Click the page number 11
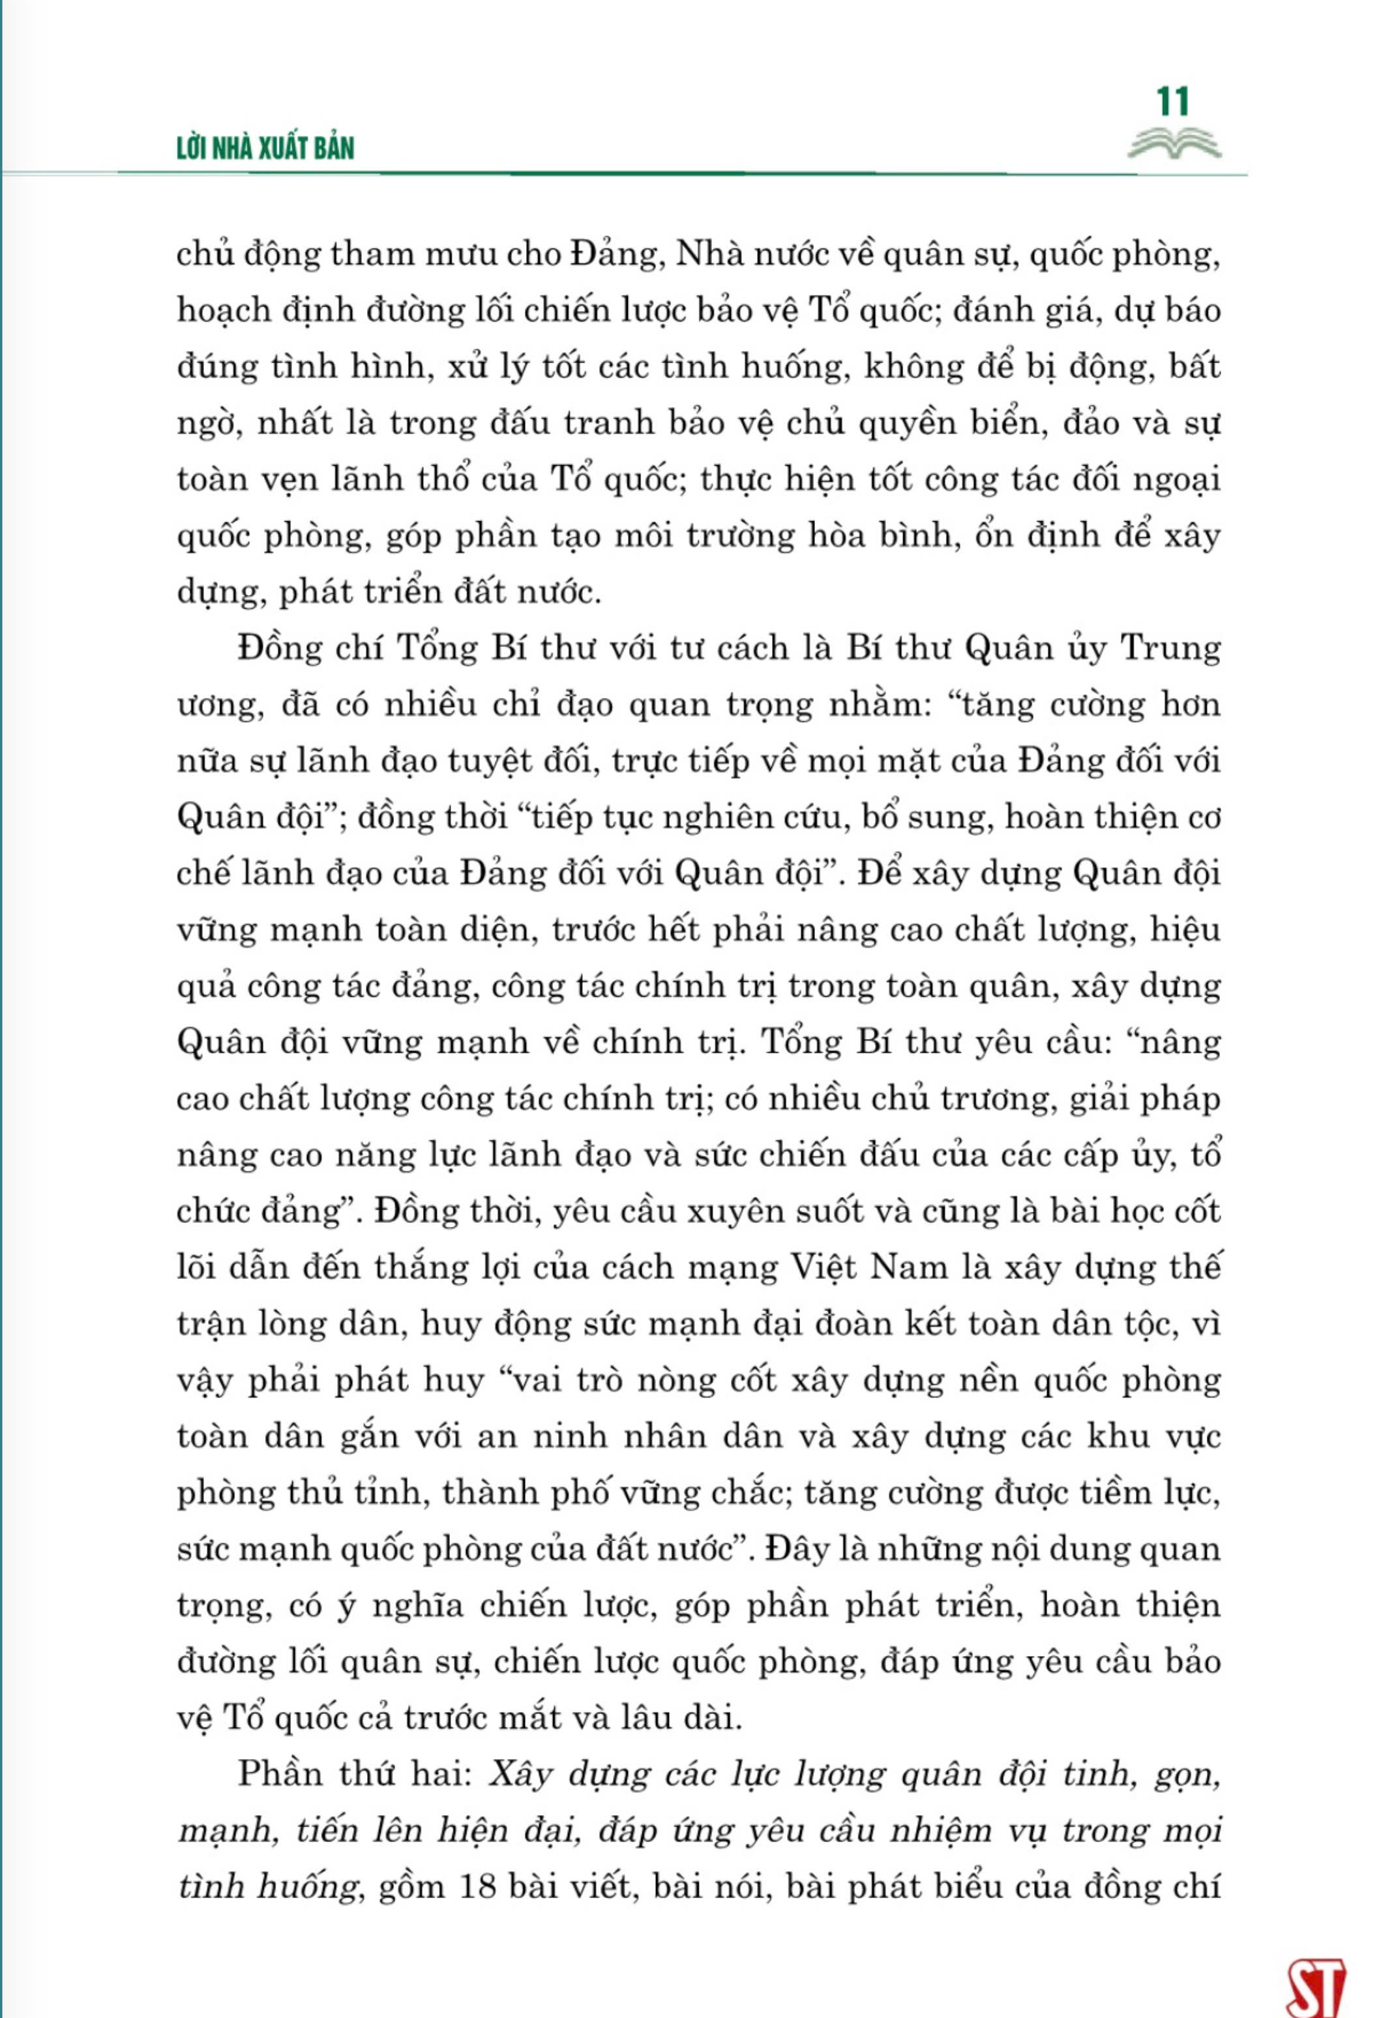click(1173, 102)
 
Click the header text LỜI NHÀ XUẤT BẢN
click(265, 149)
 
